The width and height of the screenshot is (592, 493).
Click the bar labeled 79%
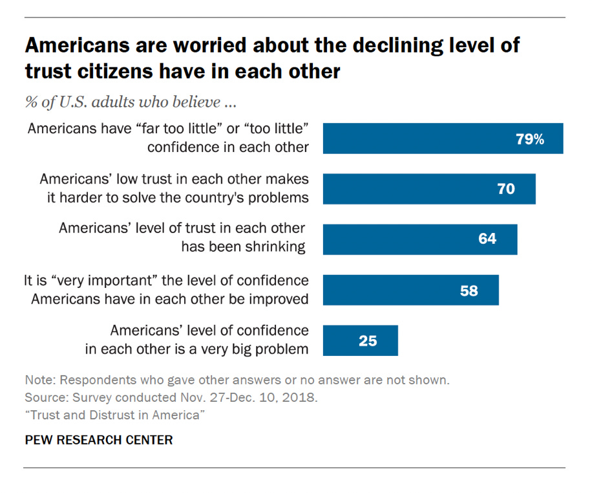click(x=443, y=138)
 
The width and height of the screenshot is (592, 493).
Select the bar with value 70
click(x=429, y=189)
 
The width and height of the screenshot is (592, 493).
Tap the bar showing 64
click(x=420, y=239)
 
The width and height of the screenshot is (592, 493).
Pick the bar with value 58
click(x=410, y=290)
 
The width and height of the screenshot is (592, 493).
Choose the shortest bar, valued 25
click(x=360, y=340)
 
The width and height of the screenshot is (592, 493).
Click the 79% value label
click(x=529, y=138)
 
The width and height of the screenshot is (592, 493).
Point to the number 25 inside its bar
click(x=368, y=340)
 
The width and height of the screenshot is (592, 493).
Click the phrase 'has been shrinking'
click(x=242, y=247)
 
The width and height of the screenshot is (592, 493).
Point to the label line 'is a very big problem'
click(x=196, y=349)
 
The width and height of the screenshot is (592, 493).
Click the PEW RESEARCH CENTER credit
click(x=99, y=440)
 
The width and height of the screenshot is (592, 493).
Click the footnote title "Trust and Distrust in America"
click(x=115, y=414)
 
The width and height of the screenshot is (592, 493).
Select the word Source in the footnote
click(x=47, y=397)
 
